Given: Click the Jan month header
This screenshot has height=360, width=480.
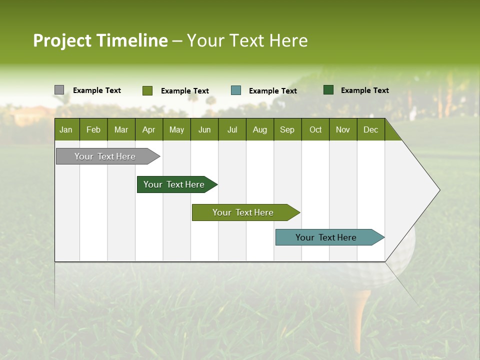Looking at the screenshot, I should (x=66, y=129).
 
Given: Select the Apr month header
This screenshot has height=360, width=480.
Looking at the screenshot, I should (x=148, y=129).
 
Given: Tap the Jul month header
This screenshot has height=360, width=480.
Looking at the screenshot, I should (x=232, y=129).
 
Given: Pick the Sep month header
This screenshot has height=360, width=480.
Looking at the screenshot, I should (x=287, y=129).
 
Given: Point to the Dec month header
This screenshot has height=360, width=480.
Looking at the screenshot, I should (x=370, y=129).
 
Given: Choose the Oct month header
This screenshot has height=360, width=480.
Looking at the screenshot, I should (x=315, y=129).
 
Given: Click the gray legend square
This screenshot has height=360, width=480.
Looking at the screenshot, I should (x=59, y=90).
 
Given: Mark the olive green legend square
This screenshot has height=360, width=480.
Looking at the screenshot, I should (x=147, y=90).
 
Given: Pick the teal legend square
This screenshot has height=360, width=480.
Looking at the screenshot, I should (x=236, y=90).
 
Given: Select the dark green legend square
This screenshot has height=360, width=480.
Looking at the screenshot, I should (x=328, y=90).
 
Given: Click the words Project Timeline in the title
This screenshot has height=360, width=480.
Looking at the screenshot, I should (x=100, y=40).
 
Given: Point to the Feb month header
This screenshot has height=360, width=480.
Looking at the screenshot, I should (x=93, y=129).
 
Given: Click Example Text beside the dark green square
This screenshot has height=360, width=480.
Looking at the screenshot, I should (x=364, y=90).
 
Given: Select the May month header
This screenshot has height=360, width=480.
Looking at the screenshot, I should (x=176, y=129).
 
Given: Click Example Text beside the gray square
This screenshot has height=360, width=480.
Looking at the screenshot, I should (x=96, y=90).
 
